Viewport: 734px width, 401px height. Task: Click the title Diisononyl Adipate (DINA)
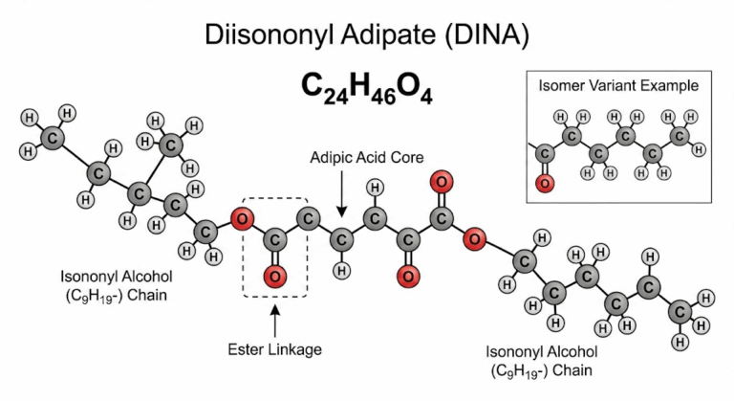click(366, 34)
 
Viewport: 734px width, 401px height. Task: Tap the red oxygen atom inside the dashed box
click(273, 278)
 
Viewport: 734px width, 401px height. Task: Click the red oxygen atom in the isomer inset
click(546, 181)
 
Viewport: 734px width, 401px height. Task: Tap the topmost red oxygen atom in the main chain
click(441, 181)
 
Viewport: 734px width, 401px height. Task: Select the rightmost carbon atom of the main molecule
click(680, 313)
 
